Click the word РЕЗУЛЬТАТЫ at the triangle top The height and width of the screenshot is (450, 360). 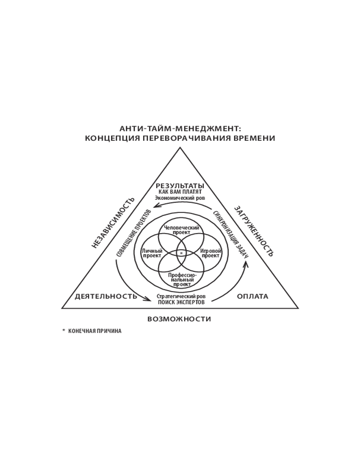pos(180,186)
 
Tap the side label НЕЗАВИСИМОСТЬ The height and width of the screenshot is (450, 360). pos(113,223)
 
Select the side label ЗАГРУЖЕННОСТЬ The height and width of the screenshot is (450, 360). pos(254,231)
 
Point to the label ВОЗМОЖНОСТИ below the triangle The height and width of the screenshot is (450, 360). pos(179,319)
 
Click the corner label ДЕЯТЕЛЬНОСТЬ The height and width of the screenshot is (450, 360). pos(106,297)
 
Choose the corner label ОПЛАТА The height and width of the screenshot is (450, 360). pos(252,297)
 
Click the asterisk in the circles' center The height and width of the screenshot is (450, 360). pos(181,253)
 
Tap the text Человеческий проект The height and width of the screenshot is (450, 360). pos(181,230)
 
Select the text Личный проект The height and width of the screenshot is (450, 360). pos(152,253)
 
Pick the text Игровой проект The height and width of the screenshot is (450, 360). pos(211,253)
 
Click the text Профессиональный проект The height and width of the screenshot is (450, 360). pos(181,280)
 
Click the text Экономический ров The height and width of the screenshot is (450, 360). pos(180,198)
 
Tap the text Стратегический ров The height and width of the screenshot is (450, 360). pos(181,296)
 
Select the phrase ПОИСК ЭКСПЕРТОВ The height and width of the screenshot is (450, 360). pos(181,302)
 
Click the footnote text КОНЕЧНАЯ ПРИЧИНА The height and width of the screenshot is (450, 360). pos(95,331)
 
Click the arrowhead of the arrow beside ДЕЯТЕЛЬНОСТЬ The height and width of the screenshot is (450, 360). pos(148,299)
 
